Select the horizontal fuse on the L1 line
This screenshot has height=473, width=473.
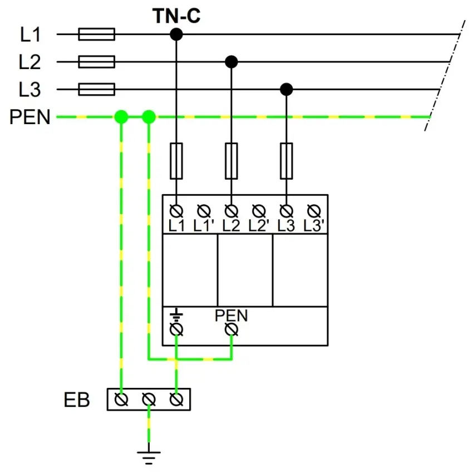click(x=97, y=35)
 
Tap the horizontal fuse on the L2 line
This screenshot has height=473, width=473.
click(x=97, y=61)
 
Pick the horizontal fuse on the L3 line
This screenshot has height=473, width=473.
click(x=97, y=89)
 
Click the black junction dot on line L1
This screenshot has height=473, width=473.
click(x=176, y=35)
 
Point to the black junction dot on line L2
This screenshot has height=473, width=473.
click(x=231, y=61)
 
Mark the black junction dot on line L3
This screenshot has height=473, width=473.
click(x=286, y=89)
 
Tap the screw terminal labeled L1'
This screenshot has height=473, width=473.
click(x=204, y=211)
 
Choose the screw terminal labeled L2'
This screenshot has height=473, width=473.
click(x=259, y=211)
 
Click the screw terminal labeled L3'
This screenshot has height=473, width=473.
click(x=313, y=211)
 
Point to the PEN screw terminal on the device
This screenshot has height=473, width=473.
click(x=231, y=330)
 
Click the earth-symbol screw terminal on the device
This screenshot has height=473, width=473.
click(x=176, y=330)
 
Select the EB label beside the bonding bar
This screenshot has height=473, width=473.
click(x=77, y=400)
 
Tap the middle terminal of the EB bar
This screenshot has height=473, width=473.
click(x=149, y=400)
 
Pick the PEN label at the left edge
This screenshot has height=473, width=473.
click(x=29, y=117)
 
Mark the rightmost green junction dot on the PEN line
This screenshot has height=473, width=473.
click(x=149, y=117)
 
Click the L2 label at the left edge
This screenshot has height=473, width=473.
click(x=30, y=62)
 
